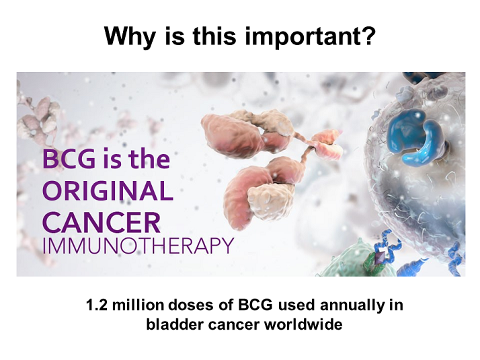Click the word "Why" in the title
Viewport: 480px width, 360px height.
pyautogui.click(x=129, y=37)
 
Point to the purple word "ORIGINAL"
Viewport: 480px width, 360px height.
pyautogui.click(x=108, y=190)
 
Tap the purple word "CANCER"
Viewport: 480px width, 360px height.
pyautogui.click(x=102, y=222)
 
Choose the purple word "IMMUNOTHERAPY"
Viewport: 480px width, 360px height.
pyautogui.click(x=138, y=246)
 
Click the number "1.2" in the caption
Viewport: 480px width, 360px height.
pyautogui.click(x=96, y=305)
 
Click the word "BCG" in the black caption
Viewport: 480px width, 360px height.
pyautogui.click(x=255, y=305)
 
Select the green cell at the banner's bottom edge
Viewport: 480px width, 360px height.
pyautogui.click(x=352, y=260)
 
